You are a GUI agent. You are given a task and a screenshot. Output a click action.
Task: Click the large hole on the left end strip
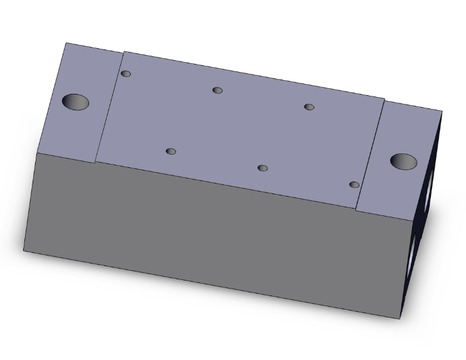click(75, 102)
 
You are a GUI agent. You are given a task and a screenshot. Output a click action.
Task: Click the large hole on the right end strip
click(403, 162)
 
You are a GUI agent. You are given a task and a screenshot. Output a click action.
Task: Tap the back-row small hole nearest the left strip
click(126, 74)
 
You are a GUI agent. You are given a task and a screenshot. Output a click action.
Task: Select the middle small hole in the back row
click(217, 90)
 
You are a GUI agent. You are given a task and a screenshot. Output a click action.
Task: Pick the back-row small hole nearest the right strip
click(309, 106)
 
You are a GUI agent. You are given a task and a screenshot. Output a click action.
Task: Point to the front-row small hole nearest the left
click(171, 152)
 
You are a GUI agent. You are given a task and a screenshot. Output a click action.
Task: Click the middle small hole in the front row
click(262, 168)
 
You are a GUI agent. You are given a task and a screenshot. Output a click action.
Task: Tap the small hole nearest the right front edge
click(354, 185)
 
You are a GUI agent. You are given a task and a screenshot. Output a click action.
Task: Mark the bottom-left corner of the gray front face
click(24, 251)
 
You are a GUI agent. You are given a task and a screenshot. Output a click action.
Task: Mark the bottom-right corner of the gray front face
click(400, 319)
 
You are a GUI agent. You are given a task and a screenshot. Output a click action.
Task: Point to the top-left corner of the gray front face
click(38, 153)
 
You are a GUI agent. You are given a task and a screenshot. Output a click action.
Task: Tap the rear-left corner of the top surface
click(66, 43)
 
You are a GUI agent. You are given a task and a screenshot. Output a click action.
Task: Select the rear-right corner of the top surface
click(442, 111)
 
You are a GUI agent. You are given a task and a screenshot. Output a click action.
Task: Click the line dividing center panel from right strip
click(370, 154)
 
